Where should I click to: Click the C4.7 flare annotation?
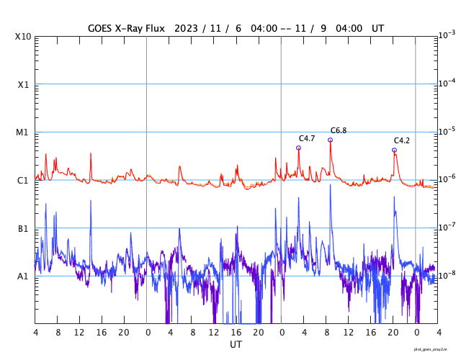(307, 138)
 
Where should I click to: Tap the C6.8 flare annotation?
(339, 130)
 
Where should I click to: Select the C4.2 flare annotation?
(402, 140)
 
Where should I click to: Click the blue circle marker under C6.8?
(331, 140)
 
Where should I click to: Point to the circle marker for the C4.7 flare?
(298, 148)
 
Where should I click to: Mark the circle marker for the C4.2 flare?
(394, 150)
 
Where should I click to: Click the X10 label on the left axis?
(23, 36)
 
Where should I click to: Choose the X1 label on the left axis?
(23, 84)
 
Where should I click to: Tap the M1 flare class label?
(23, 132)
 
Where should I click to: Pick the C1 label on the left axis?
(23, 180)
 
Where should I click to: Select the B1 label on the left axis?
(23, 228)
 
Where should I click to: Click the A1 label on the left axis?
(23, 276)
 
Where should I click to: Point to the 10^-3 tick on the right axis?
(447, 35)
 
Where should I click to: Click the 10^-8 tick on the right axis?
(447, 275)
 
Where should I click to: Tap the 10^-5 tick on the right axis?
(447, 131)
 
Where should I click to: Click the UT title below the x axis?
(236, 345)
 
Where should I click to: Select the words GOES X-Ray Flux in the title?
(127, 28)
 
